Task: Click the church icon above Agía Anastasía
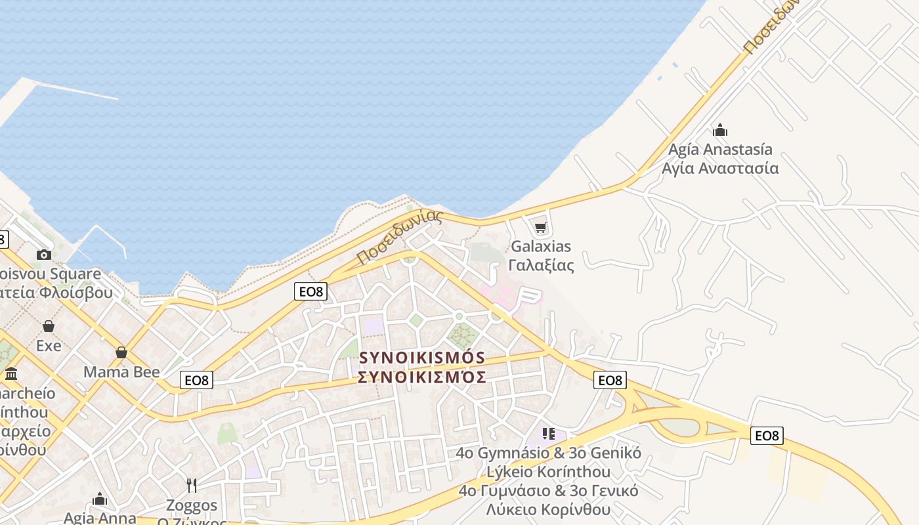[720, 130]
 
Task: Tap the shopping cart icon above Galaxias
[540, 228]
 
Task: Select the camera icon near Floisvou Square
[44, 255]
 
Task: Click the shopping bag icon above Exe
[48, 326]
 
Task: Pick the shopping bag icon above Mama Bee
[121, 352]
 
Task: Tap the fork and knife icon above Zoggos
[192, 486]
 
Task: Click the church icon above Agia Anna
[100, 499]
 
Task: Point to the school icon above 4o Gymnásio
[549, 434]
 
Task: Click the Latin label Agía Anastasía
[720, 150]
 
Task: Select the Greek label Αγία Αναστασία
[720, 168]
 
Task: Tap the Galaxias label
[541, 247]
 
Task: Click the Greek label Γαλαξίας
[541, 265]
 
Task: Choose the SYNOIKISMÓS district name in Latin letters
[422, 358]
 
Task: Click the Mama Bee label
[121, 372]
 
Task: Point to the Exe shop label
[49, 345]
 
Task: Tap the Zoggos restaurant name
[192, 505]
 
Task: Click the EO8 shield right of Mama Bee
[197, 379]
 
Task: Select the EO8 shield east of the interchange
[767, 435]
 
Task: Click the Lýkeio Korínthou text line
[548, 472]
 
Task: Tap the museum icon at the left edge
[11, 374]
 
